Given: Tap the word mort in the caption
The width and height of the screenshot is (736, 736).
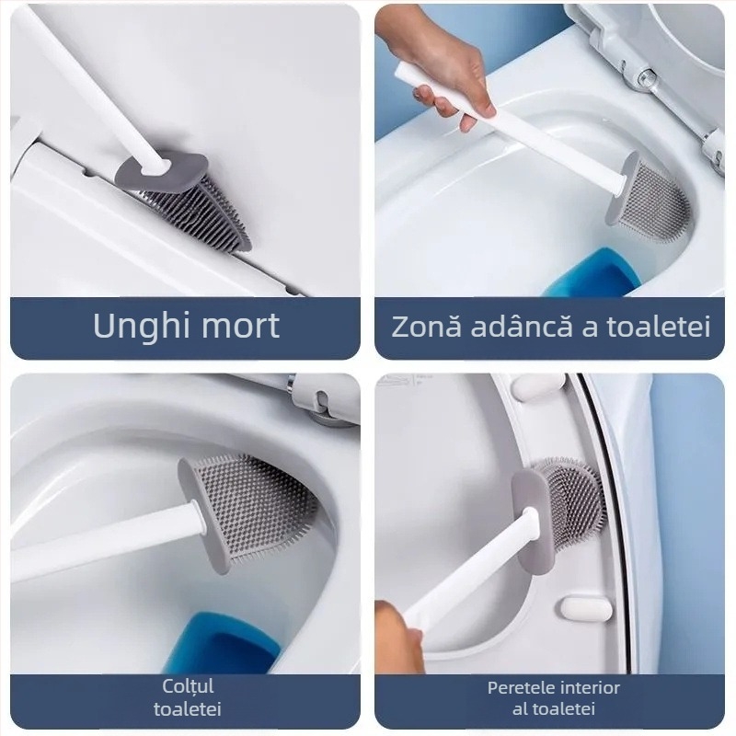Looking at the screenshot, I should pyautogui.click(x=237, y=327).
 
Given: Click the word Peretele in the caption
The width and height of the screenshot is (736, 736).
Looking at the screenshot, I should pyautogui.click(x=521, y=688).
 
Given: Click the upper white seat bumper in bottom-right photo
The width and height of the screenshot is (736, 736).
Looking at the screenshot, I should pyautogui.click(x=538, y=386).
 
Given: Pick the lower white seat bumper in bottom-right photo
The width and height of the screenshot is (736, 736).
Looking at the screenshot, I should pyautogui.click(x=585, y=609).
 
